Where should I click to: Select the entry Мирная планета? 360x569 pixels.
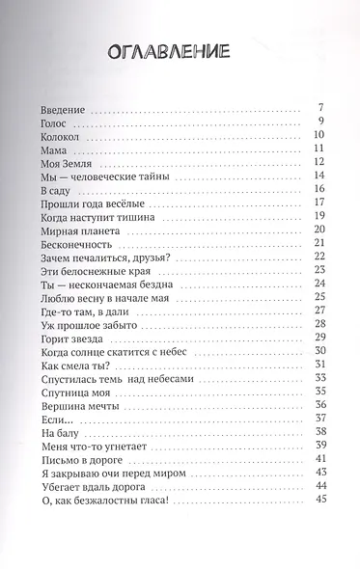85,239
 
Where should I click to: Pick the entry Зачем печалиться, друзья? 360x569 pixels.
106,269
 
